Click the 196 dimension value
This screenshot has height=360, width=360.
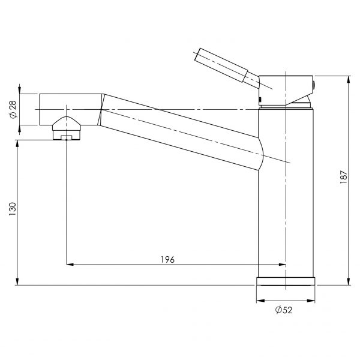click(x=167, y=259)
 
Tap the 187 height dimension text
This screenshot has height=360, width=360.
click(x=343, y=177)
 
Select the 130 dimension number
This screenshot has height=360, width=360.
click(x=13, y=209)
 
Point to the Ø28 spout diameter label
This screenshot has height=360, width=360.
click(x=13, y=109)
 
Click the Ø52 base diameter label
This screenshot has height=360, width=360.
click(x=284, y=310)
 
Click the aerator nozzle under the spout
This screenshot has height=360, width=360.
click(x=67, y=128)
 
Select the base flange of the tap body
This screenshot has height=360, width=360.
click(x=286, y=281)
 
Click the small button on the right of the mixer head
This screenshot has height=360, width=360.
click(x=313, y=85)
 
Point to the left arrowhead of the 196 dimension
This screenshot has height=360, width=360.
click(x=70, y=265)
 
